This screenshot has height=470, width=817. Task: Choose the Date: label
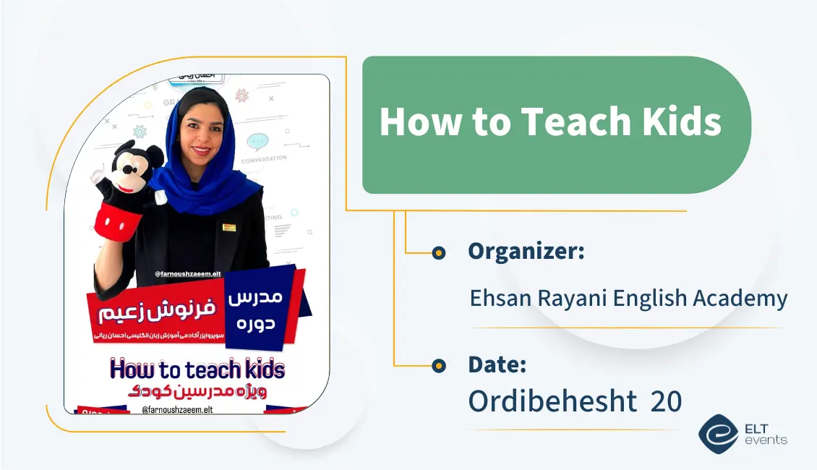(x=497, y=364)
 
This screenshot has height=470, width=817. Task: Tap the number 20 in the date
(x=666, y=401)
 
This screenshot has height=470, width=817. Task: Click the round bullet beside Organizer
(x=438, y=252)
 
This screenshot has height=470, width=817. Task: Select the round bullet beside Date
(x=438, y=366)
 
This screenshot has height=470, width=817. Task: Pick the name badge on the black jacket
(x=229, y=227)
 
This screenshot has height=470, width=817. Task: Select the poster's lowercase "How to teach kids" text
(x=197, y=369)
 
